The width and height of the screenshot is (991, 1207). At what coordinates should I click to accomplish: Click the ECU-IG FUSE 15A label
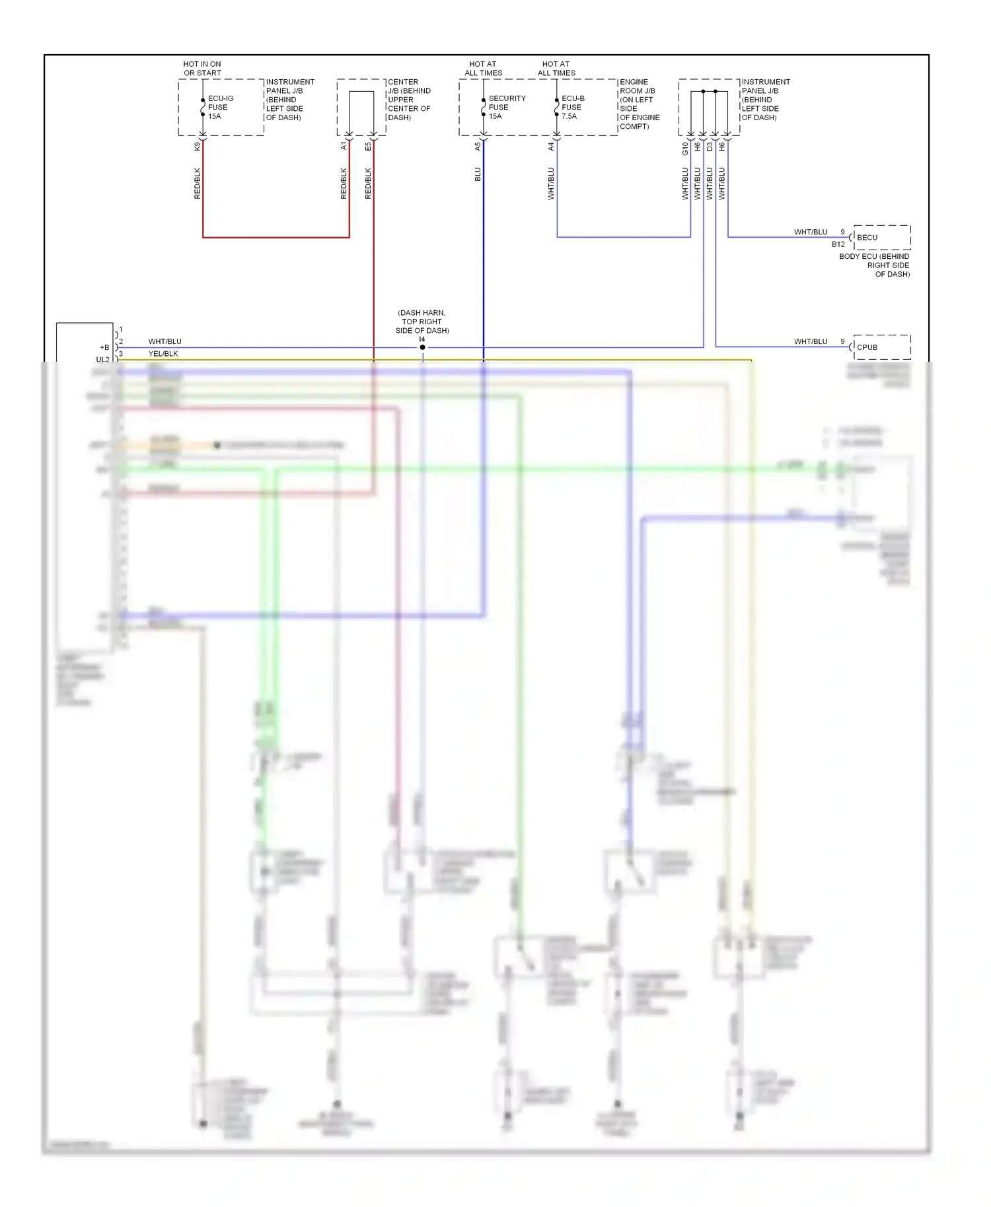click(220, 107)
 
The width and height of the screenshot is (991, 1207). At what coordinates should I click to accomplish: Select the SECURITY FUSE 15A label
click(506, 107)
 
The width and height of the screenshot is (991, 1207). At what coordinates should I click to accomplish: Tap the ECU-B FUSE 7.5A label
click(572, 107)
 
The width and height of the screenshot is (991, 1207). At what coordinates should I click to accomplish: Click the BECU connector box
click(881, 237)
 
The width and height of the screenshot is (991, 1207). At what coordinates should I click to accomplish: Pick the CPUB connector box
click(881, 347)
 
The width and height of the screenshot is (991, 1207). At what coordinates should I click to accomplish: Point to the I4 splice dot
click(422, 347)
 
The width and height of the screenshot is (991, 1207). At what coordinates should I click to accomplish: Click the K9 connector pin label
click(197, 147)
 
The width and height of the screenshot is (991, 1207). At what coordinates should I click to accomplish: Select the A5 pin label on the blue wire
click(478, 147)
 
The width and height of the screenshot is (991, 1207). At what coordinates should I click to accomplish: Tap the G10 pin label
click(685, 149)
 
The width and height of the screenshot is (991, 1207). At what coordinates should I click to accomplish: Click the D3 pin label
click(710, 147)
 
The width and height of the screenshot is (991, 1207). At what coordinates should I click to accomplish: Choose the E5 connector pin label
click(368, 147)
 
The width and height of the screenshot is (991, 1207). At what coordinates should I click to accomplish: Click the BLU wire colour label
click(478, 174)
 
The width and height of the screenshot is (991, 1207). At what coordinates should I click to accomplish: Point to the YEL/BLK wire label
click(163, 354)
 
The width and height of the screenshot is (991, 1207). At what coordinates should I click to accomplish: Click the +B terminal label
click(104, 347)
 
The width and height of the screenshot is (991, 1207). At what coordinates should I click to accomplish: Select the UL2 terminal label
click(102, 359)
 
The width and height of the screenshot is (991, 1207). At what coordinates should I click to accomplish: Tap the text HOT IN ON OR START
click(202, 69)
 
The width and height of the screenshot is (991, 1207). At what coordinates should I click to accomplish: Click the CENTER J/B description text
click(409, 100)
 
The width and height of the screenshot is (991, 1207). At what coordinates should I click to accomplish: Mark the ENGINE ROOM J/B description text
click(639, 104)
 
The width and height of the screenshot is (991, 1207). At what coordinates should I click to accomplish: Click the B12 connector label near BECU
click(838, 244)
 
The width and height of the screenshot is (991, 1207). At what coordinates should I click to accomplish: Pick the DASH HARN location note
click(422, 322)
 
